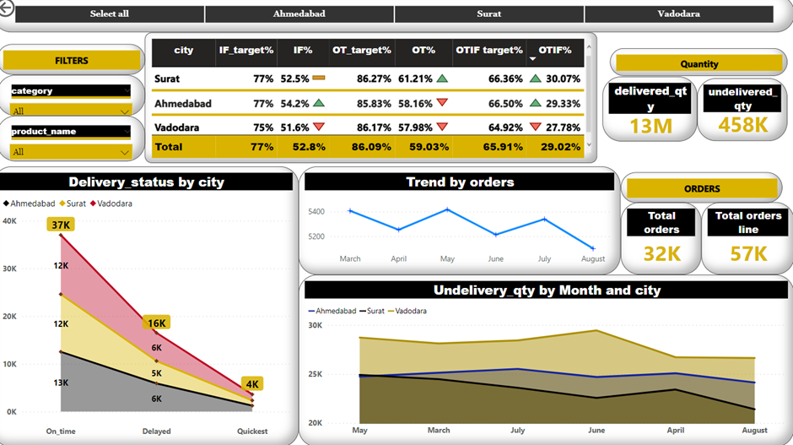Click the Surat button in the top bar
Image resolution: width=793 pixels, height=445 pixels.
(x=489, y=14)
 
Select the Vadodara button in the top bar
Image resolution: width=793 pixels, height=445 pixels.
(x=678, y=14)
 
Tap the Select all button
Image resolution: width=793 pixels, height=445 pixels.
(x=110, y=14)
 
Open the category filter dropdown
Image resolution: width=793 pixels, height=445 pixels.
(x=71, y=111)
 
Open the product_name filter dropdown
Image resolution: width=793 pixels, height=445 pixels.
(x=71, y=151)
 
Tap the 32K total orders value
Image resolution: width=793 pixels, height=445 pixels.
(x=661, y=254)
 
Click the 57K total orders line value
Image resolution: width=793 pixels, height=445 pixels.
(x=747, y=254)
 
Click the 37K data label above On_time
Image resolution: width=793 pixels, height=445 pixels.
(x=61, y=225)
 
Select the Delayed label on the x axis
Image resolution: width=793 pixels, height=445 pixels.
(x=156, y=431)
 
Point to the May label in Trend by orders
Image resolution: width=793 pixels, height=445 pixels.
(x=447, y=259)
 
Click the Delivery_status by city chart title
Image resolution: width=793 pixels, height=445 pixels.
(x=146, y=182)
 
